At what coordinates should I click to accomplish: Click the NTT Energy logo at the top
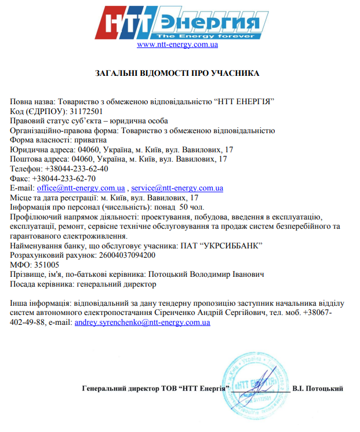(x=177, y=21)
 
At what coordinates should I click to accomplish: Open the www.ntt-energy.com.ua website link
(x=177, y=45)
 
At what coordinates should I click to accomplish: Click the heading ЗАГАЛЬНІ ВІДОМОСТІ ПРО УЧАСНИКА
(x=177, y=74)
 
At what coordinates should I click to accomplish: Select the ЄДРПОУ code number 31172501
(x=86, y=111)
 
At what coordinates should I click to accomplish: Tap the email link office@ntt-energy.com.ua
(x=81, y=188)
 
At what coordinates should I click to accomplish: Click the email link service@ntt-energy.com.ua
(x=177, y=188)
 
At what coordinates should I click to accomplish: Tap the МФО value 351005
(x=47, y=265)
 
